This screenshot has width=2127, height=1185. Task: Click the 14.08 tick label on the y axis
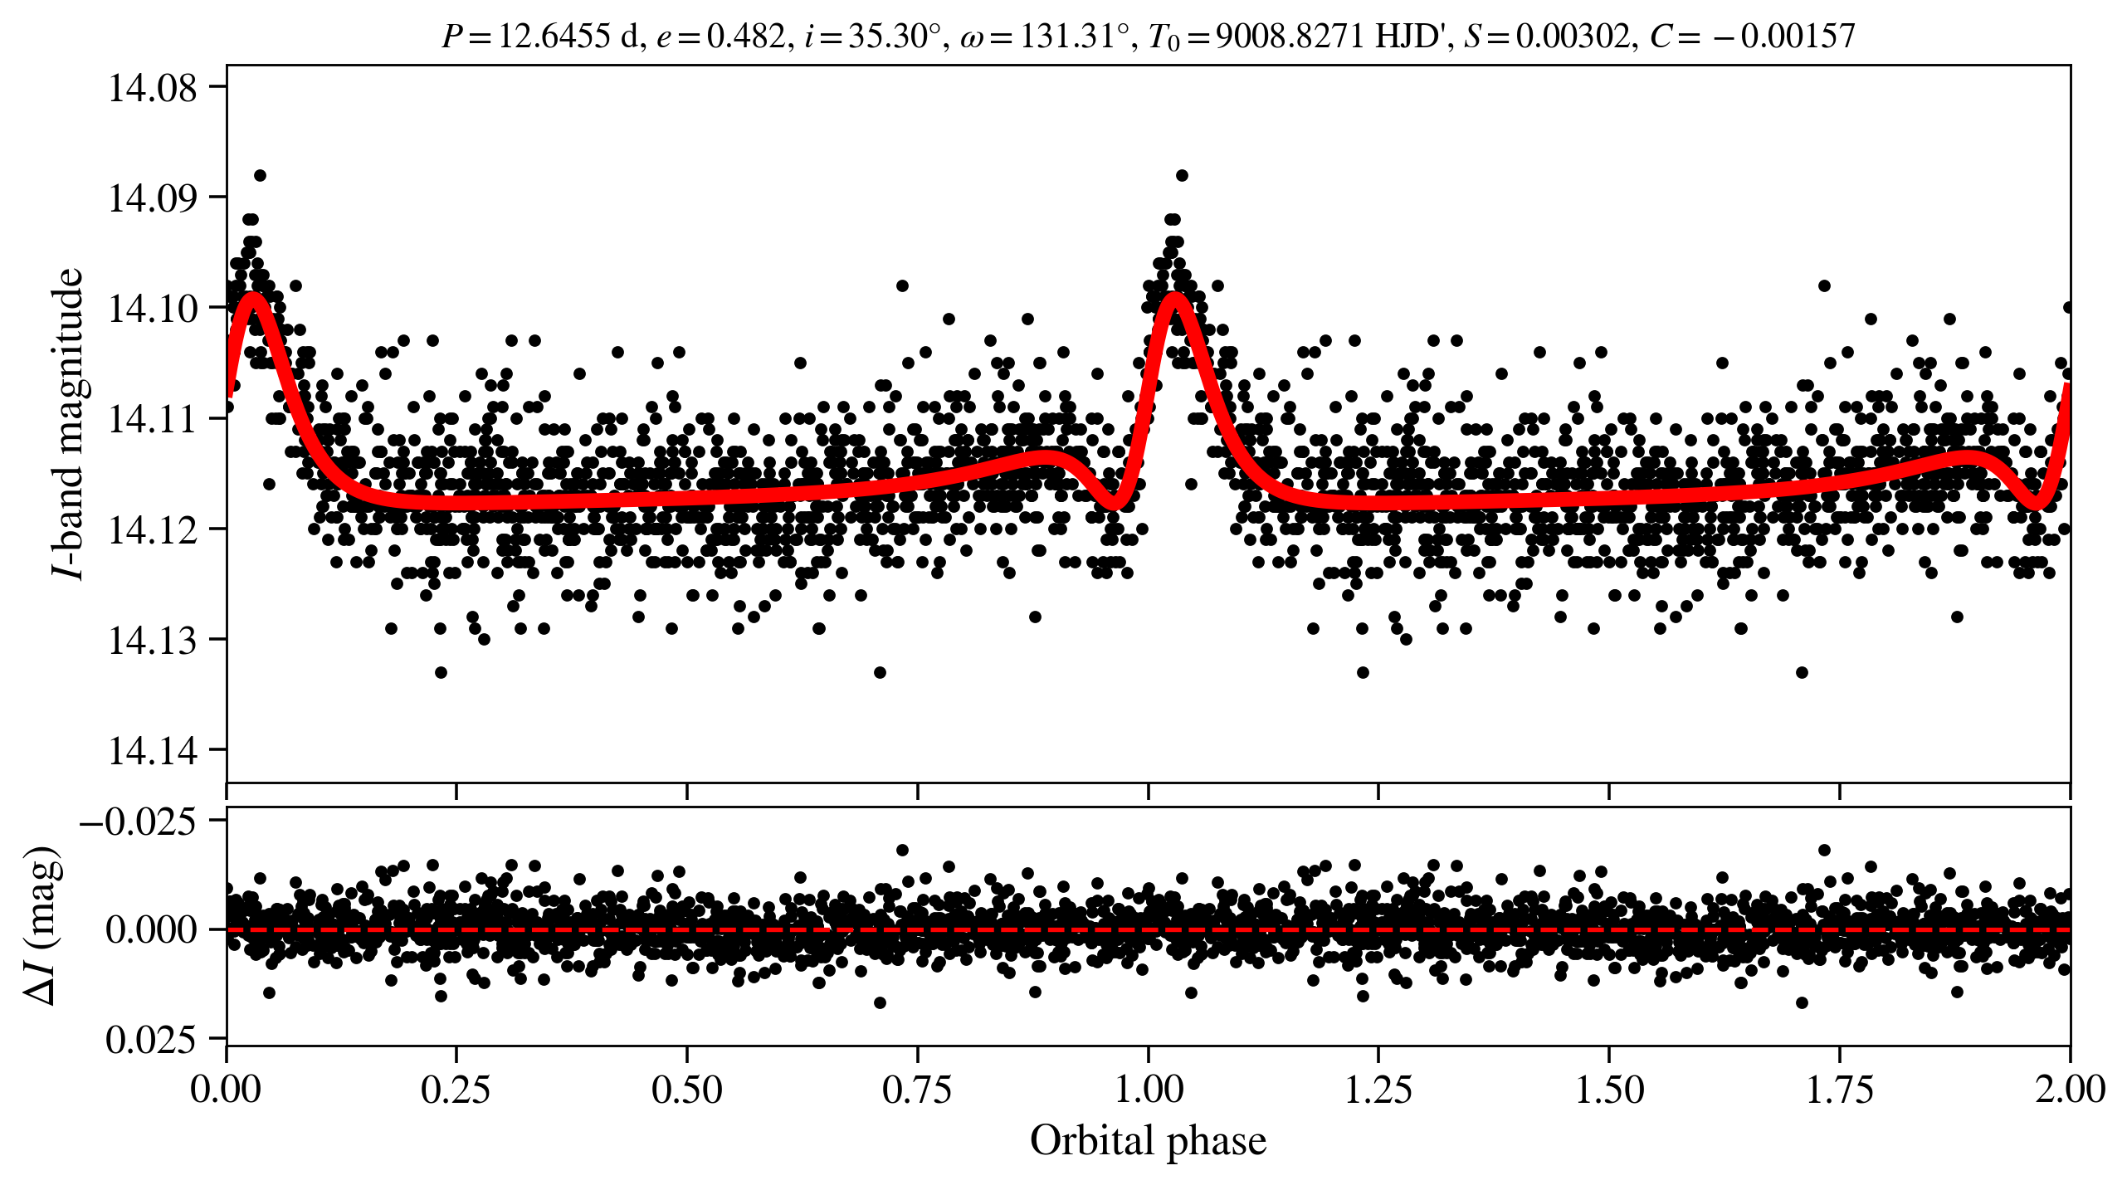pyautogui.click(x=153, y=88)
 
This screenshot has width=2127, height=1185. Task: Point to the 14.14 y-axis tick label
pyautogui.click(x=153, y=751)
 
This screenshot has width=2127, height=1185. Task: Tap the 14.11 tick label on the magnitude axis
pyautogui.click(x=153, y=419)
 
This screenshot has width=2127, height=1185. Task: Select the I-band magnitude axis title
pyautogui.click(x=68, y=423)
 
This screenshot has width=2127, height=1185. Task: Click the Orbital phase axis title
pyautogui.click(x=1148, y=1140)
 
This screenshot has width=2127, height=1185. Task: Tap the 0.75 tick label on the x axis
pyautogui.click(x=917, y=1090)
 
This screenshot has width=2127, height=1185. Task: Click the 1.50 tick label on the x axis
pyautogui.click(x=1609, y=1090)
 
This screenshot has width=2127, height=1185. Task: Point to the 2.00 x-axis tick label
pyautogui.click(x=2070, y=1090)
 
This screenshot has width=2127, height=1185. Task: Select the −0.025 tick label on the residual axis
pyautogui.click(x=138, y=822)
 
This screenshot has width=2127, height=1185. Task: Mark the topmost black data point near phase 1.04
pyautogui.click(x=1182, y=175)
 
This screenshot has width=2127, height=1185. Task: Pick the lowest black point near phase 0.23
pyautogui.click(x=441, y=672)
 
